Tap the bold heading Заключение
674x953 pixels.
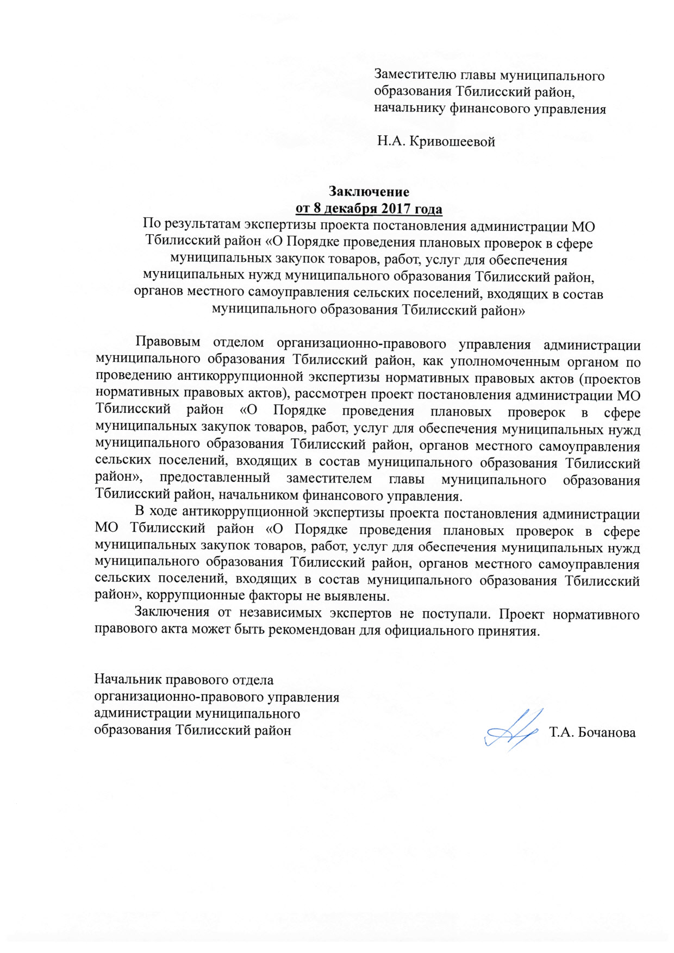(x=369, y=192)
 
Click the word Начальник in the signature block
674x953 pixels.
(x=128, y=680)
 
